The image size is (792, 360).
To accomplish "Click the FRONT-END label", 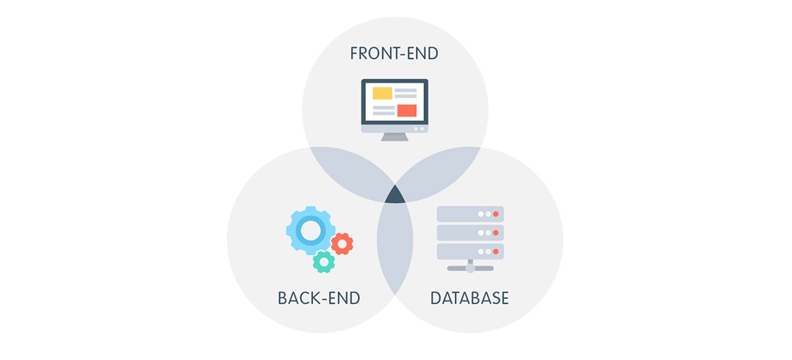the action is click(x=394, y=53).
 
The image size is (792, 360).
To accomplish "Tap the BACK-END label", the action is click(x=319, y=298).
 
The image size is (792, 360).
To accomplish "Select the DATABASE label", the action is click(x=469, y=298).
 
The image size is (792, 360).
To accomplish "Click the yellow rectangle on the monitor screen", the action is click(x=382, y=93).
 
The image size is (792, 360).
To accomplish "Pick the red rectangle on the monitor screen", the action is click(x=407, y=111).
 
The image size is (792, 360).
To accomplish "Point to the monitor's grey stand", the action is click(x=395, y=137).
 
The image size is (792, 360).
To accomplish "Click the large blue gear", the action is click(x=310, y=230).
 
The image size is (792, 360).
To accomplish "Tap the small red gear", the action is click(x=342, y=244).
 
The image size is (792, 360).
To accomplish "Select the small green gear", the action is click(x=324, y=262).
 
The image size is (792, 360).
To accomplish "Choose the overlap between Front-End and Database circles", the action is click(x=438, y=171).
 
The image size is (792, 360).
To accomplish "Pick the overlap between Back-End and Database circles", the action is click(x=395, y=248).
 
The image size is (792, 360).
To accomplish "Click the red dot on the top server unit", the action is click(x=495, y=214).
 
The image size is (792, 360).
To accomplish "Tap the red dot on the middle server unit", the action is click(x=495, y=233).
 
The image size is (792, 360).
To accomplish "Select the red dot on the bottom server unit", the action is click(x=495, y=251).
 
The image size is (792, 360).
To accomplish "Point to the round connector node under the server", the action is click(x=470, y=269).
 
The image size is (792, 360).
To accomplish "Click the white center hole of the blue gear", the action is click(x=310, y=230).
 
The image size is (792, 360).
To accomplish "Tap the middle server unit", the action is click(x=470, y=233).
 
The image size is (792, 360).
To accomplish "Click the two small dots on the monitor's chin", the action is click(x=419, y=129).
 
